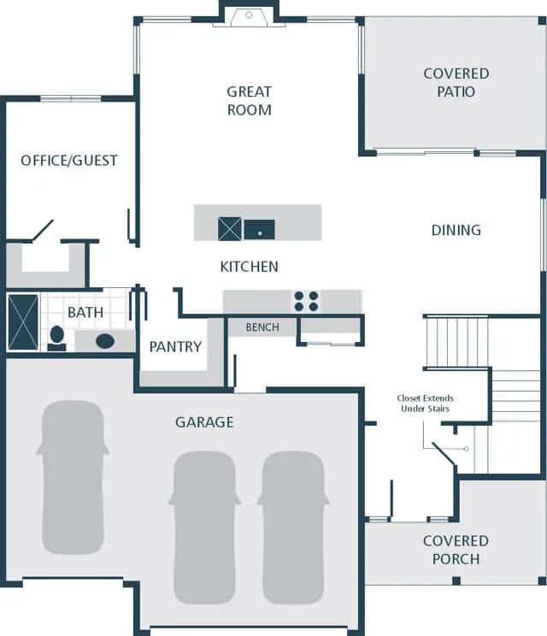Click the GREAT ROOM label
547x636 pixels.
(x=249, y=101)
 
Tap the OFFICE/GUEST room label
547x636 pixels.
(x=69, y=161)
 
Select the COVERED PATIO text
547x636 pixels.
(x=456, y=82)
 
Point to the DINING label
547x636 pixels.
(x=456, y=230)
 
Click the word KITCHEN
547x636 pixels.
(x=249, y=267)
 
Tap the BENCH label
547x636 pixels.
(x=262, y=327)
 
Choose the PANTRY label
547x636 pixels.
(x=175, y=347)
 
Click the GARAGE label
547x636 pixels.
(x=204, y=422)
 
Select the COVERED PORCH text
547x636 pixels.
(x=456, y=550)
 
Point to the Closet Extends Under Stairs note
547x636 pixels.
(x=426, y=403)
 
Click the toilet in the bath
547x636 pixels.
(x=56, y=338)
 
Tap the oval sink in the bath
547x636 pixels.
(x=105, y=341)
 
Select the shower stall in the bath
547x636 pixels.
(x=23, y=322)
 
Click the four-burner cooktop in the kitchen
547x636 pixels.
(x=306, y=301)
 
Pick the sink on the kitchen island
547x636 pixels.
(x=260, y=230)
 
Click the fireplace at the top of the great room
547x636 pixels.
(x=249, y=17)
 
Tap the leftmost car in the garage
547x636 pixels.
(x=73, y=477)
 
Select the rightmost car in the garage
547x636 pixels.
(x=293, y=527)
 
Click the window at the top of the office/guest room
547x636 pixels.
(x=71, y=98)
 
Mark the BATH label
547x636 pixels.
(x=85, y=312)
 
